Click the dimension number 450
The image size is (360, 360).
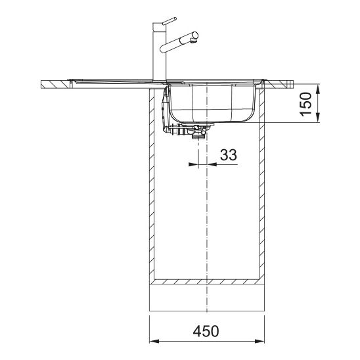(206, 331)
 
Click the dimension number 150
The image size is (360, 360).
(306, 104)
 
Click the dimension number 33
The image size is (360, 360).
(229, 154)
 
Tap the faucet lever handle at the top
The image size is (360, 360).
(169, 20)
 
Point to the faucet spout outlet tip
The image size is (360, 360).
(194, 41)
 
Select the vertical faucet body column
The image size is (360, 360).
(160, 52)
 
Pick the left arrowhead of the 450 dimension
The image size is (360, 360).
(154, 341)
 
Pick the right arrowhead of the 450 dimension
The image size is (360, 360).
(259, 341)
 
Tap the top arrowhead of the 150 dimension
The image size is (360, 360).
(318, 89)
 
